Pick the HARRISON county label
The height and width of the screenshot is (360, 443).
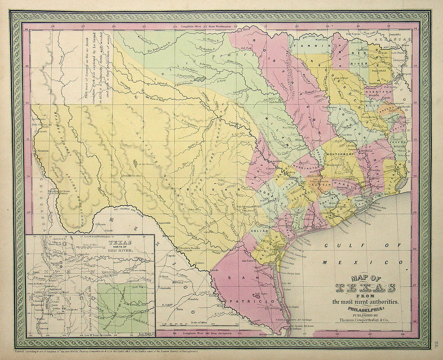click(378, 92)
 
